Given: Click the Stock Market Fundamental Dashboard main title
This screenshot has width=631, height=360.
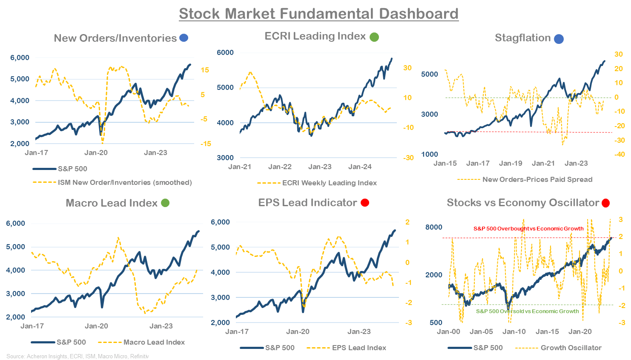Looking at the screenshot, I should tap(318, 14).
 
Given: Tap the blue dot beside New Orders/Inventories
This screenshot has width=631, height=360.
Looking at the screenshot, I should tap(184, 38).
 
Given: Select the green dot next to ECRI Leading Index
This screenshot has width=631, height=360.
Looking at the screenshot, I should tap(374, 37).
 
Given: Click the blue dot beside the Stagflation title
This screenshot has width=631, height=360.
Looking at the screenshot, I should tap(559, 39).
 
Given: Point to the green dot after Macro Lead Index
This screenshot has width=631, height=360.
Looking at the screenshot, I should tap(165, 203).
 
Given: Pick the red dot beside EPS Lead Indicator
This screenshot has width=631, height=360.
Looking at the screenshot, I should tap(365, 202).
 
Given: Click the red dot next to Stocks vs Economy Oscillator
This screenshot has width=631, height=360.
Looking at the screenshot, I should tap(605, 203).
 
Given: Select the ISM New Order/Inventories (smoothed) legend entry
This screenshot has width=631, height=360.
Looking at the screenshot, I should tap(125, 182).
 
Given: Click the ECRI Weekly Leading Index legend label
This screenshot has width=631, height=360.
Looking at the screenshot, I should tap(329, 183).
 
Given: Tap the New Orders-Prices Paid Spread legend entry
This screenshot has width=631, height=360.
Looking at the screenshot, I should tap(537, 179).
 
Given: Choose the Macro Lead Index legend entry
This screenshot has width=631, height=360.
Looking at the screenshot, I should tap(154, 342).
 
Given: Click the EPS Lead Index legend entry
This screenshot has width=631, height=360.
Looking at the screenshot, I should tap(359, 348).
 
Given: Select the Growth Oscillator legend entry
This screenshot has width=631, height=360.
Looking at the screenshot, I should tap(571, 348).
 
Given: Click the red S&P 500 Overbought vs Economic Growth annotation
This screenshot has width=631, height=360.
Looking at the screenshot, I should tap(528, 229).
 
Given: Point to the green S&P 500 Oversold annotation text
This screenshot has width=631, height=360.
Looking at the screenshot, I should tap(527, 311).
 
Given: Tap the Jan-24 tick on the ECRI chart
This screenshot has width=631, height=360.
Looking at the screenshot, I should tap(360, 167).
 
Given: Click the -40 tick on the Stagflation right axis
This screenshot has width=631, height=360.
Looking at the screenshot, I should tap(619, 154).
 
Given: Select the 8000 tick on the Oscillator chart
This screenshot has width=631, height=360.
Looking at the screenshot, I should tap(433, 227).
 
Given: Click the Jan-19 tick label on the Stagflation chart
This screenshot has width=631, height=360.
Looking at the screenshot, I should tap(511, 163).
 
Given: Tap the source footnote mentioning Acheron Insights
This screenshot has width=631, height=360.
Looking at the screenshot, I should tap(77, 356).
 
